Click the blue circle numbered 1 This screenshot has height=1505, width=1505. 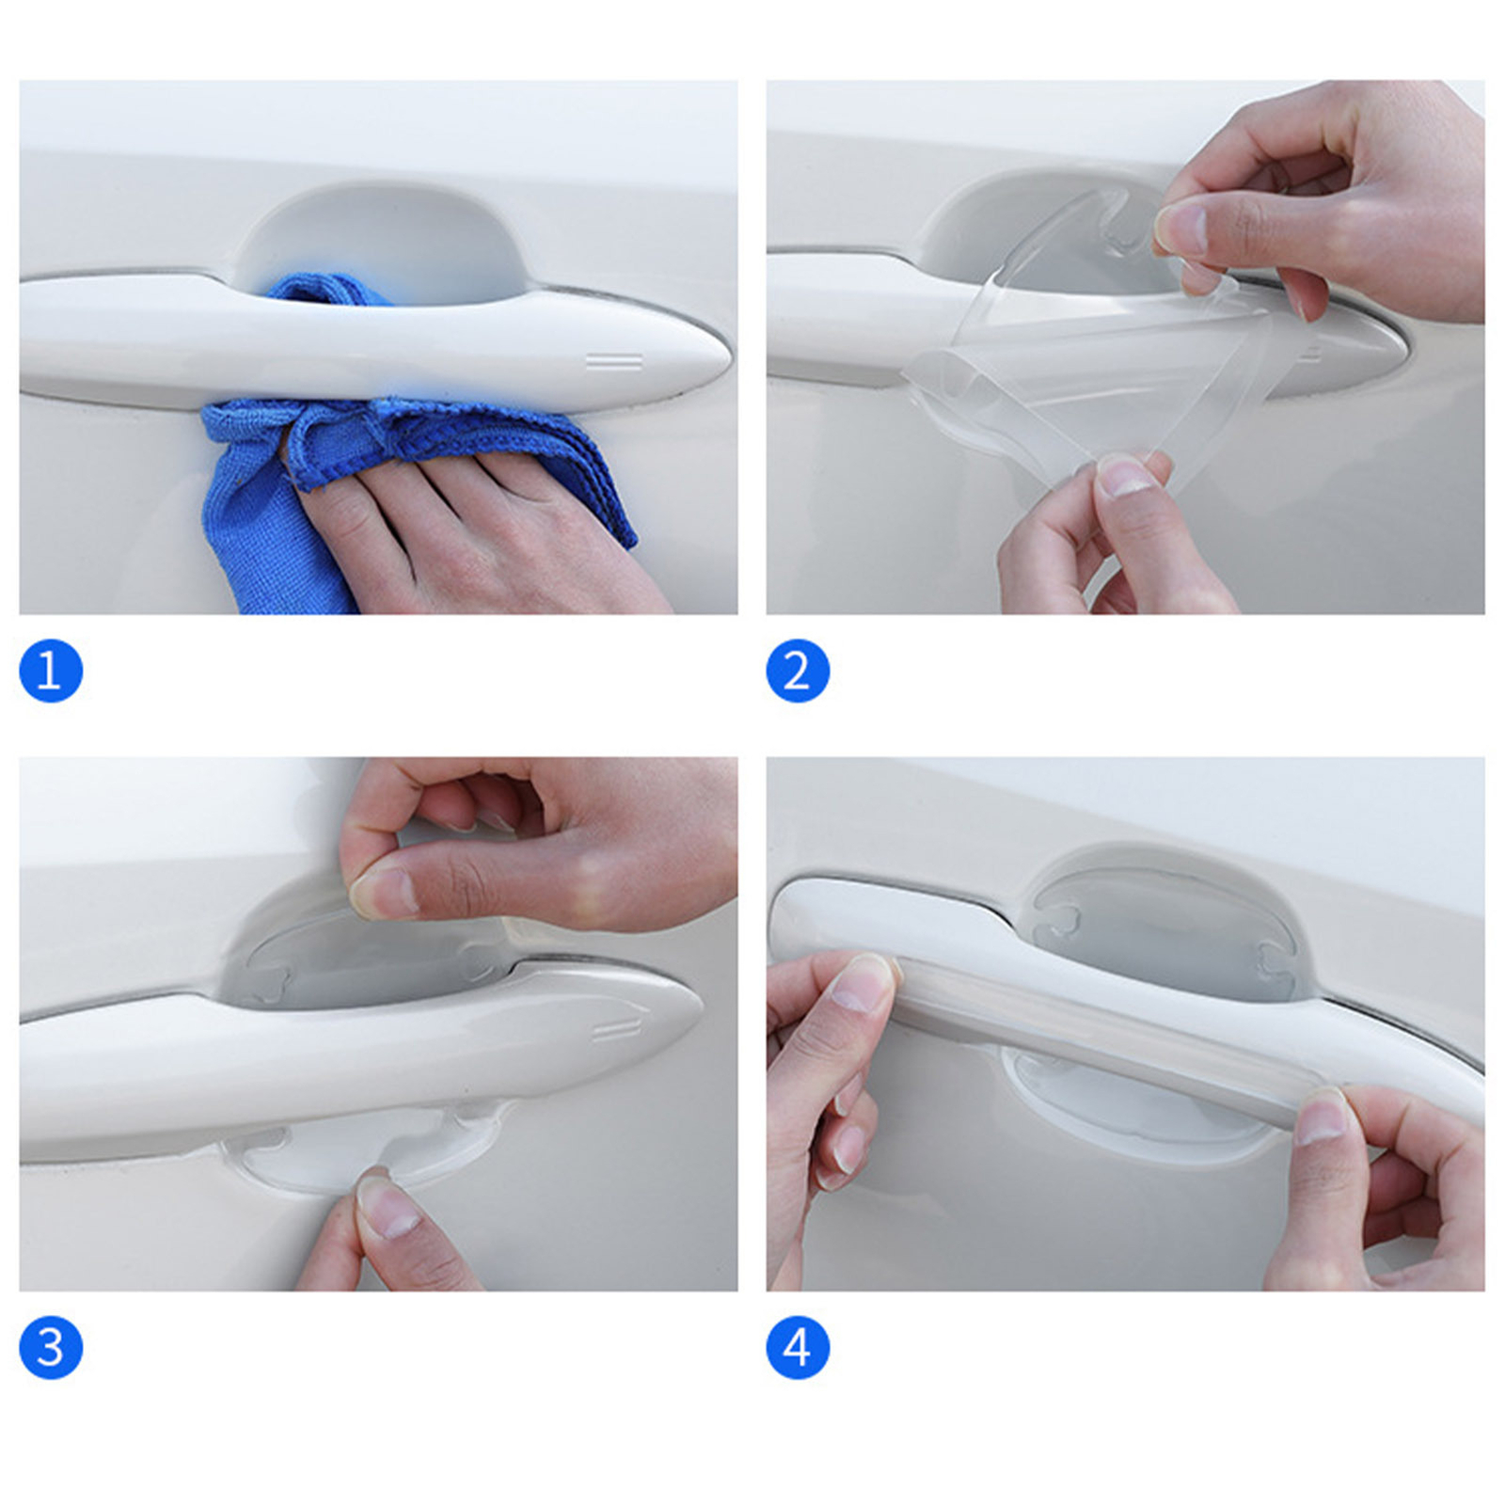(x=51, y=671)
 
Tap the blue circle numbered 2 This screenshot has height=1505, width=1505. (x=798, y=671)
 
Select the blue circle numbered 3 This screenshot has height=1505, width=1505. (x=51, y=1347)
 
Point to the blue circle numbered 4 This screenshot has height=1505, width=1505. (x=798, y=1347)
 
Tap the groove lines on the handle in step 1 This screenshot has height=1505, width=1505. (x=614, y=362)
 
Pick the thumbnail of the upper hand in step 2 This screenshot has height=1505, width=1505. (x=1180, y=230)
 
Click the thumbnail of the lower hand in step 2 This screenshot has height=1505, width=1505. (x=1125, y=475)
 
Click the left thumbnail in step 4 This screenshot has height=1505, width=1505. (x=861, y=983)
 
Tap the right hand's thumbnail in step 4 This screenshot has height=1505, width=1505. (x=1323, y=1117)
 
